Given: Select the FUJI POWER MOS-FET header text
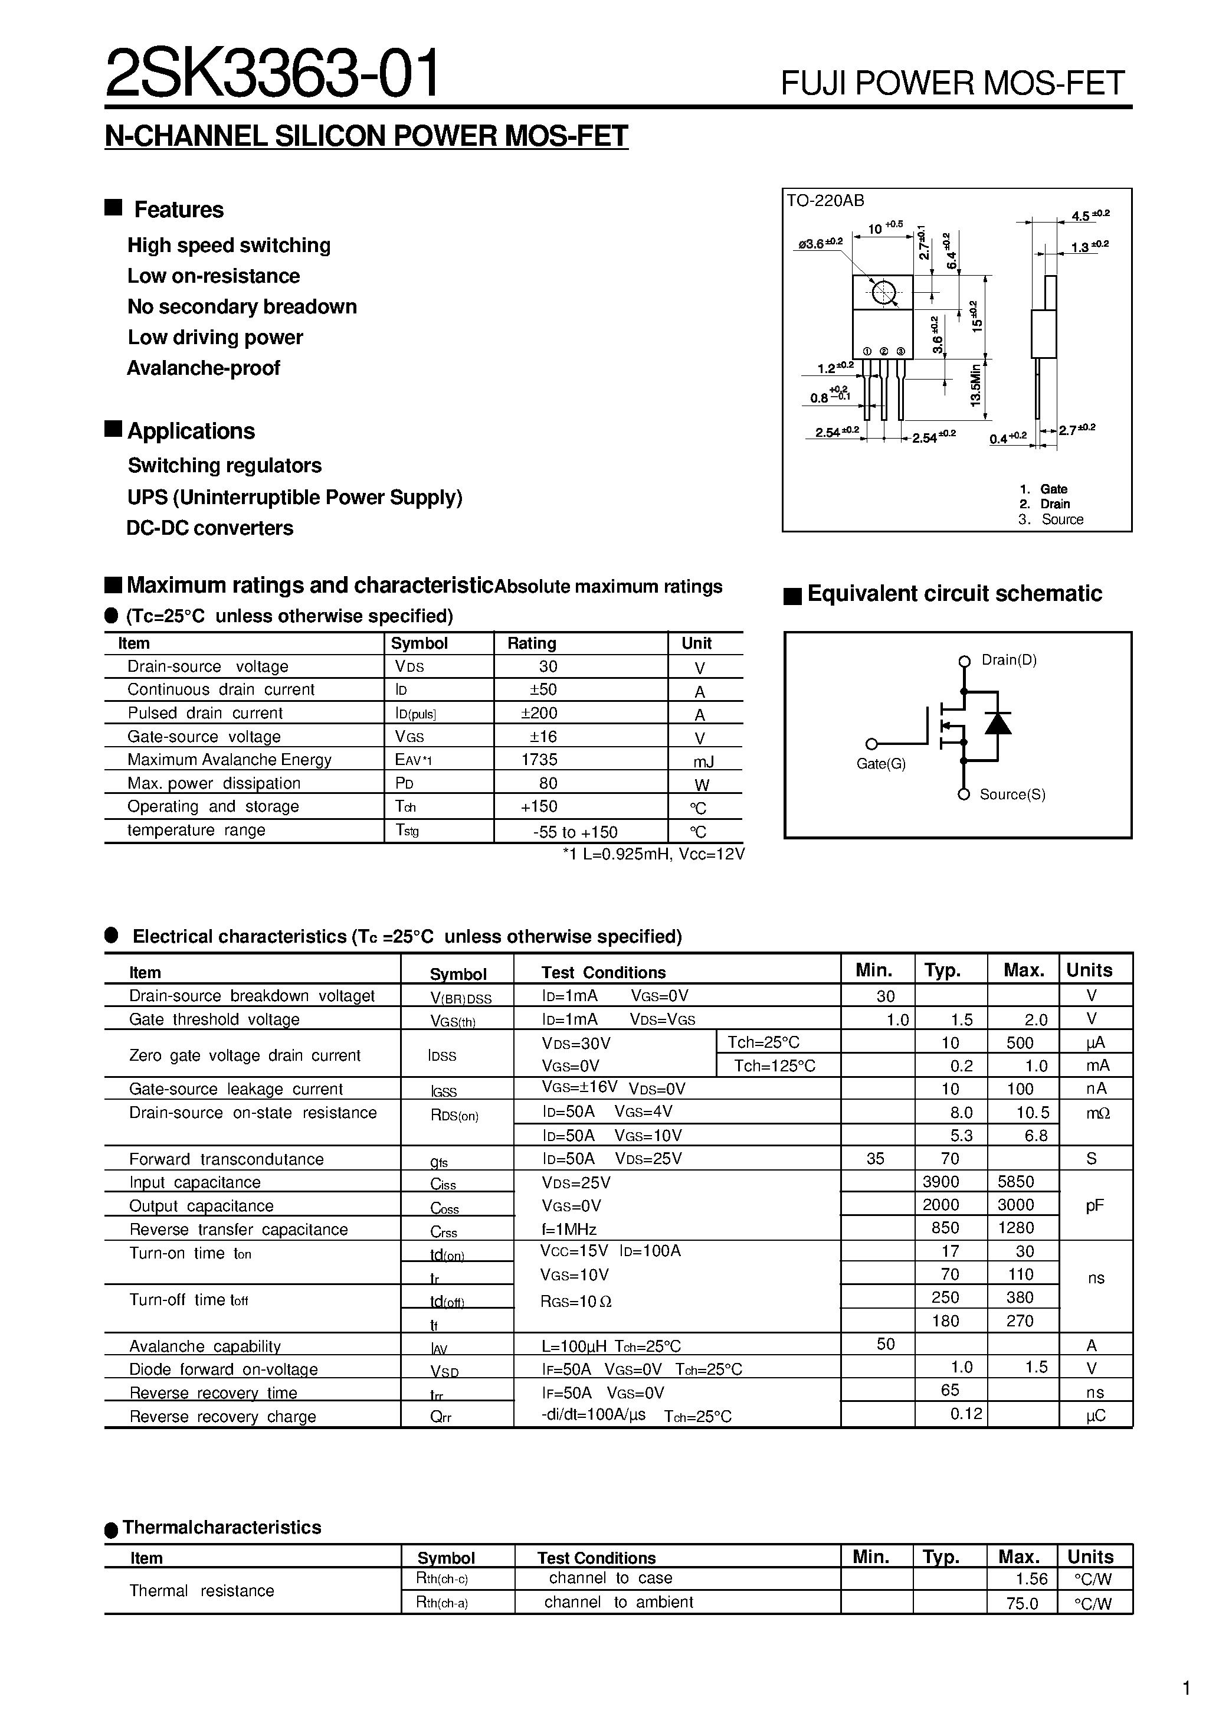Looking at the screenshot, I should click(x=952, y=83).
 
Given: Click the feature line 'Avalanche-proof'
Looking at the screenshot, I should click(x=203, y=368).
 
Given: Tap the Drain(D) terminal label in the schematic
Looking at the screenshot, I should click(x=1008, y=660).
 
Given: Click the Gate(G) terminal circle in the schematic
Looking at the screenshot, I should click(x=871, y=744).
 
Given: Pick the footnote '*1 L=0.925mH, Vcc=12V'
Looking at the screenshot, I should click(x=653, y=854).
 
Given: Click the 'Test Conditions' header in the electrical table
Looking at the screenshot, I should click(x=604, y=973).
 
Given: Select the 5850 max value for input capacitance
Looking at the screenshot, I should click(x=1015, y=1182).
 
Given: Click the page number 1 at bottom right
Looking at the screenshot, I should click(x=1186, y=1689).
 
